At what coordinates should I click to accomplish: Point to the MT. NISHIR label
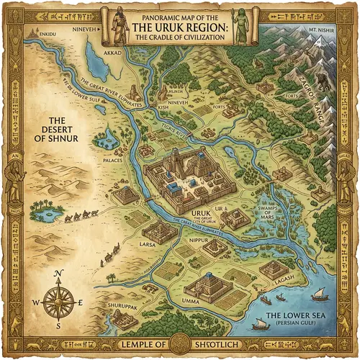click(322, 33)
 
